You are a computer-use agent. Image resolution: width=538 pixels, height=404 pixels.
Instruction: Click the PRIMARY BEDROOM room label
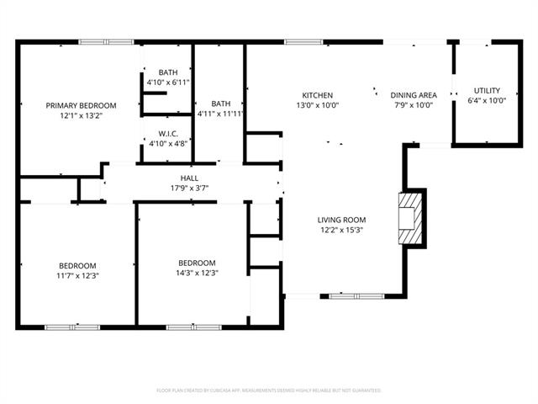coord(81,105)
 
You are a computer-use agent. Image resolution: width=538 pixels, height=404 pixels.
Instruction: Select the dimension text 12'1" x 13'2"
coord(81,116)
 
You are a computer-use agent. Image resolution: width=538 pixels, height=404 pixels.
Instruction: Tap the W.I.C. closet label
coord(168,134)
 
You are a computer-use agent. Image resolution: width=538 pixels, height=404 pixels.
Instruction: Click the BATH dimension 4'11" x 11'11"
coord(221,114)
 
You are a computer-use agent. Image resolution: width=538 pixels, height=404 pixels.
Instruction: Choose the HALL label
coord(189,178)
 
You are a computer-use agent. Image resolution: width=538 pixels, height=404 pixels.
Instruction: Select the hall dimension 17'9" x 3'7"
coord(189,189)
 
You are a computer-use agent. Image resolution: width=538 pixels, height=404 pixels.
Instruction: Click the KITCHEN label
coord(318,95)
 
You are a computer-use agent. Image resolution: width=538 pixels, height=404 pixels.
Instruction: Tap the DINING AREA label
coord(412,95)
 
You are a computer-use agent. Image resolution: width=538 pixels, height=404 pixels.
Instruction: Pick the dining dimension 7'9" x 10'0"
coord(412,105)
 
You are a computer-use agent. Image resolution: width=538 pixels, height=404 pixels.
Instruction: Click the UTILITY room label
coord(487,90)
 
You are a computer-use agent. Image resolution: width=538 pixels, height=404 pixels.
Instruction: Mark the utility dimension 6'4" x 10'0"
coord(487,101)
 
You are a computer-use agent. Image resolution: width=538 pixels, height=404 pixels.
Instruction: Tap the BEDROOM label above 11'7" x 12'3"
coord(77,264)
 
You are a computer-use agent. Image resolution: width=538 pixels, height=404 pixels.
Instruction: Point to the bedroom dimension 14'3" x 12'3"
coord(198,273)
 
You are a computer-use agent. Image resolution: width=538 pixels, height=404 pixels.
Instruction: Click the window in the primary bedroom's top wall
coord(105,41)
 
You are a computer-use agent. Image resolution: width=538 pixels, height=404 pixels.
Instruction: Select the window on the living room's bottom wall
coord(356,295)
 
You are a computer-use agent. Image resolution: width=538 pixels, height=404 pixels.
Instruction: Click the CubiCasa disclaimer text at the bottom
coord(269,391)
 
